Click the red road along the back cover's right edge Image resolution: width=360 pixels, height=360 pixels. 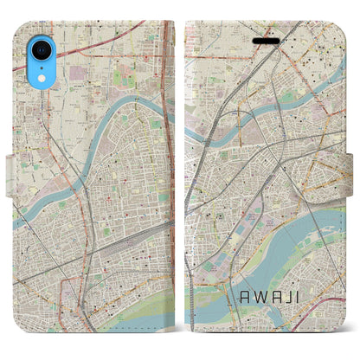169,173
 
